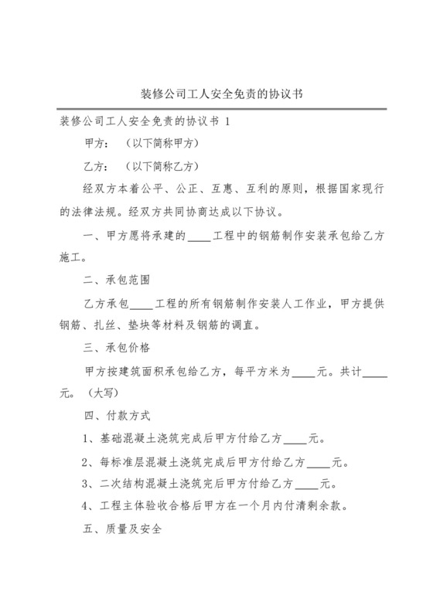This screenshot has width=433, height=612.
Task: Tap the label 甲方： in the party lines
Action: pyautogui.click(x=95, y=144)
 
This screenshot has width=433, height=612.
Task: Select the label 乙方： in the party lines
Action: pyautogui.click(x=95, y=166)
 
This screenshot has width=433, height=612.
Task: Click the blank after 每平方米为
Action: pyautogui.click(x=304, y=372)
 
